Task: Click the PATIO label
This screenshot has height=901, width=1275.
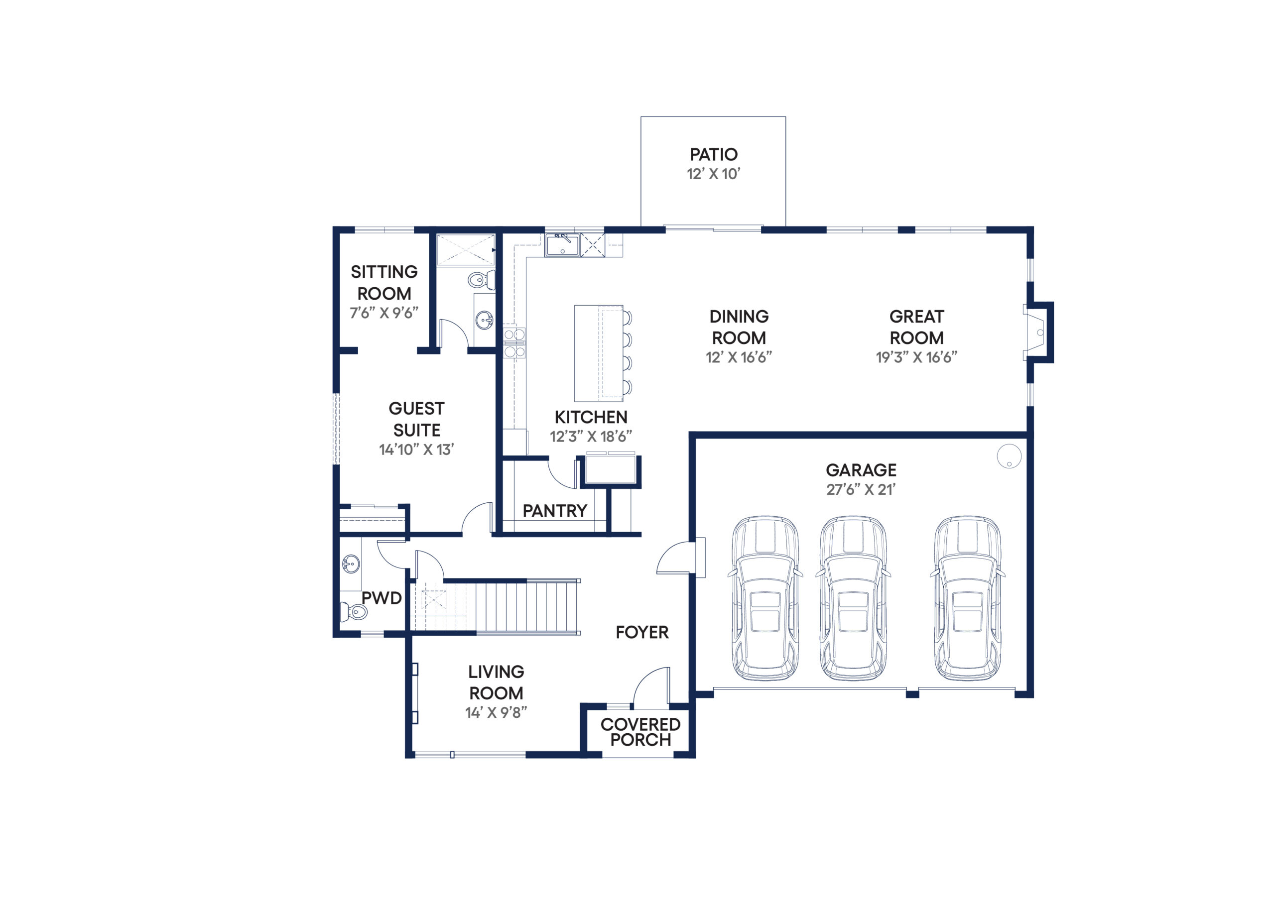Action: point(714,154)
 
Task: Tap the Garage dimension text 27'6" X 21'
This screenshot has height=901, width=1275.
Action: point(861,490)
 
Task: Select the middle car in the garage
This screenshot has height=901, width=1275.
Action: point(853,598)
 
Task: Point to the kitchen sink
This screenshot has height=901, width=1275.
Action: point(562,245)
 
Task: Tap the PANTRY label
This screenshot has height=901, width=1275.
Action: point(555,511)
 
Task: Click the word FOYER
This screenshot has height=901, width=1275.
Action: point(642,632)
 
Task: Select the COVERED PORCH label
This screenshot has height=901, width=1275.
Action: point(640,732)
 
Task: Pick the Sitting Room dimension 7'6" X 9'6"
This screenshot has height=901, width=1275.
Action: point(383,313)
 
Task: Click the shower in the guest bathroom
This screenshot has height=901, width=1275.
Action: point(465,250)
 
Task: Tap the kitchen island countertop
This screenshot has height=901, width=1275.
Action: point(599,353)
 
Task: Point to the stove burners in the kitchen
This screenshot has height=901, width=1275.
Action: point(514,343)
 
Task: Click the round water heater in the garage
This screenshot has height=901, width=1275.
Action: point(1009,456)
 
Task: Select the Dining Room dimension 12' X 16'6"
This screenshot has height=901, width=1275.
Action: point(739,357)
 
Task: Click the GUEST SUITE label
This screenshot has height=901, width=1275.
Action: point(416,419)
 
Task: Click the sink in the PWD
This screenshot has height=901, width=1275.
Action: point(351,564)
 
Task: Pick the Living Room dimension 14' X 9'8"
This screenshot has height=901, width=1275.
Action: point(496,713)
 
